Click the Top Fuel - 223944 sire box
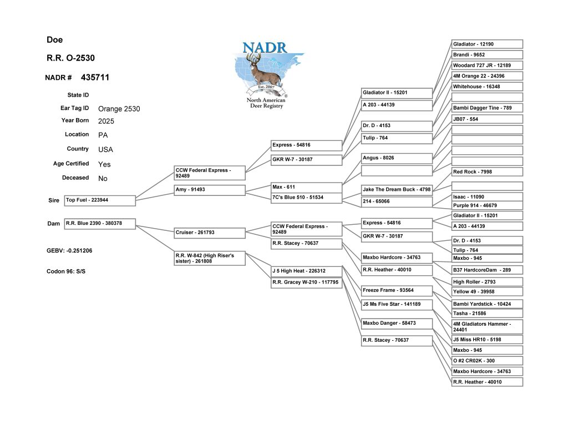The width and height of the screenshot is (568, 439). (100, 201)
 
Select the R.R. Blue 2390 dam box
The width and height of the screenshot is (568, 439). (100, 224)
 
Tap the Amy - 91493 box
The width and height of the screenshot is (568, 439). (210, 190)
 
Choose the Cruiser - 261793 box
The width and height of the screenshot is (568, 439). (210, 233)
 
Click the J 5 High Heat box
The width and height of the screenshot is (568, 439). (306, 271)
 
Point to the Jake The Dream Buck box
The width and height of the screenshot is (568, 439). (397, 190)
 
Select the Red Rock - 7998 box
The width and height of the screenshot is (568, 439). (487, 172)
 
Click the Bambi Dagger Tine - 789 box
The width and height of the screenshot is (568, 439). (487, 108)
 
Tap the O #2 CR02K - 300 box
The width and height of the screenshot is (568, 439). (487, 361)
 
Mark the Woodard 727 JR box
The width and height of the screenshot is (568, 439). (487, 65)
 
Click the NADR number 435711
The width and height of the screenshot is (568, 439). (95, 77)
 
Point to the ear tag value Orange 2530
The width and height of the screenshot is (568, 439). (119, 109)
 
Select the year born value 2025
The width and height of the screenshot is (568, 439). (106, 121)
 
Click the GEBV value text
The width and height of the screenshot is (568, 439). (69, 250)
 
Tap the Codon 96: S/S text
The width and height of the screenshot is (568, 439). (66, 271)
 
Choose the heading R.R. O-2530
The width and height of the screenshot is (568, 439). (70, 58)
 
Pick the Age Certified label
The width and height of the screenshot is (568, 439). (71, 164)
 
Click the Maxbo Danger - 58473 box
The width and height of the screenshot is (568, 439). (397, 324)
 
